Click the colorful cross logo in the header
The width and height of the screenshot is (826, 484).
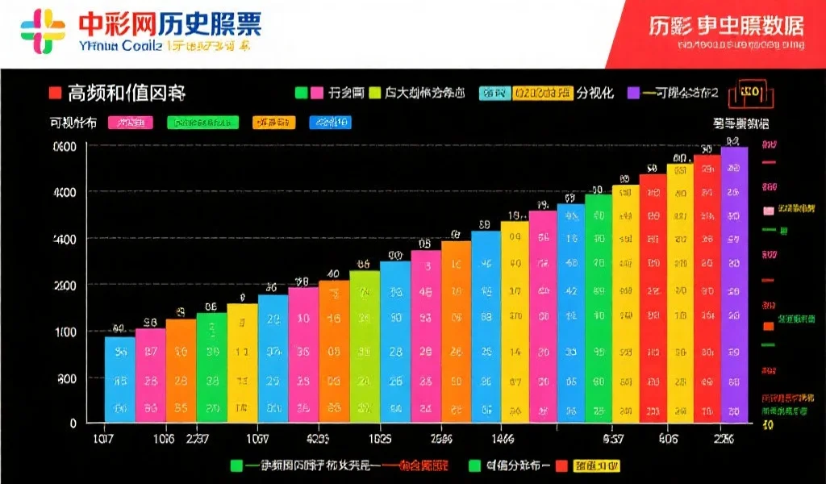pyautogui.click(x=43, y=31)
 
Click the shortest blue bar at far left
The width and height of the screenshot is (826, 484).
pyautogui.click(x=119, y=379)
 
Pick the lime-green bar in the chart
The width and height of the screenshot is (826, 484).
pyautogui.click(x=364, y=347)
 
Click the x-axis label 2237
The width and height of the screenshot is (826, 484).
pyautogui.click(x=199, y=440)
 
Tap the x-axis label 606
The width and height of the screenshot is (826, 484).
pyautogui.click(x=668, y=440)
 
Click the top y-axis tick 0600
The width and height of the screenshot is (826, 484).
pyautogui.click(x=65, y=147)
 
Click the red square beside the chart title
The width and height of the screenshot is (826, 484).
pyautogui.click(x=54, y=93)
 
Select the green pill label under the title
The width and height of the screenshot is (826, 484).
pyautogui.click(x=202, y=123)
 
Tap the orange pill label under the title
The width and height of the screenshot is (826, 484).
pyautogui.click(x=273, y=123)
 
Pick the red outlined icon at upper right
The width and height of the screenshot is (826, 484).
pyautogui.click(x=745, y=93)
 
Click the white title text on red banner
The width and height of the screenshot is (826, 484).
pyautogui.click(x=726, y=25)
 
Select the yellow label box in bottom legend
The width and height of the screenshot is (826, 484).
pyautogui.click(x=596, y=466)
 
